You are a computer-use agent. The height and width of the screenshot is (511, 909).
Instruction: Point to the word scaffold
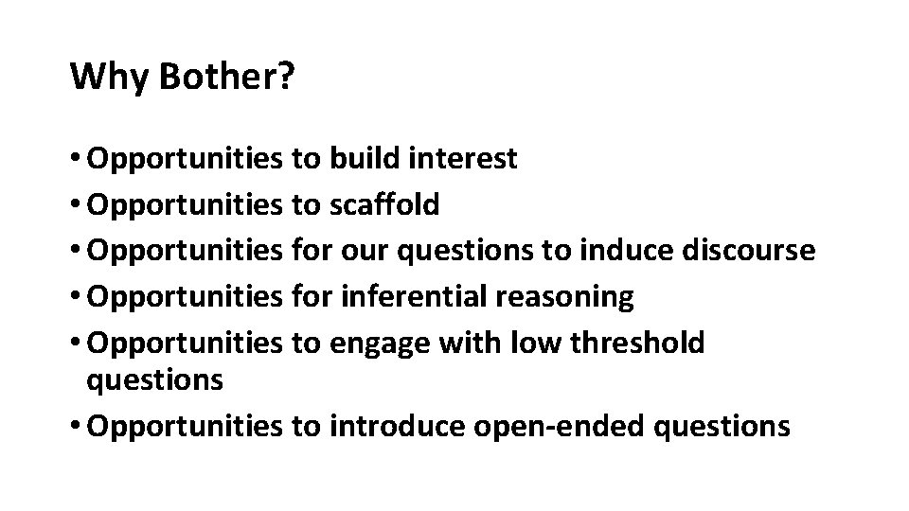coord(384,204)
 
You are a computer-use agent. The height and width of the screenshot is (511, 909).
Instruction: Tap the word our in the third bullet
coord(366,251)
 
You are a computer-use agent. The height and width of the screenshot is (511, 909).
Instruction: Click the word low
coord(527,344)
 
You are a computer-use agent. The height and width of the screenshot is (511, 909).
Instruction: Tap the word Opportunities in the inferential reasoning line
coord(184,297)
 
